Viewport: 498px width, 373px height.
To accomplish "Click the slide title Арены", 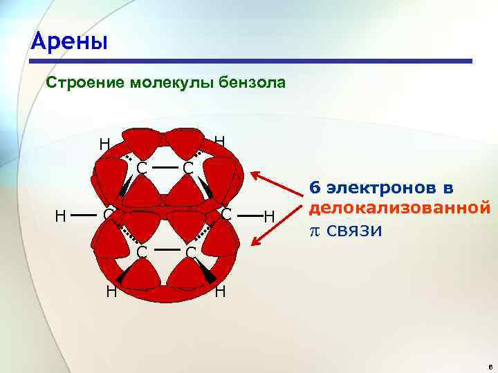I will (69, 41).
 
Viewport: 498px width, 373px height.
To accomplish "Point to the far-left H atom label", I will (61, 217).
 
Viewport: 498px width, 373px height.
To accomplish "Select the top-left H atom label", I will (104, 144).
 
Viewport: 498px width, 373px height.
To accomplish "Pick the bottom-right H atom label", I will (220, 291).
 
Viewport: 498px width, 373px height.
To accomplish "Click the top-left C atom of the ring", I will (141, 168).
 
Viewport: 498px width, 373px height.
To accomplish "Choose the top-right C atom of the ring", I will (187, 168).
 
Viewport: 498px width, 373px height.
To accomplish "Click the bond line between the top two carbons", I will (164, 167).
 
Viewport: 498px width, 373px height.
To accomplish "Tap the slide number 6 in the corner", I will (488, 367).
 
